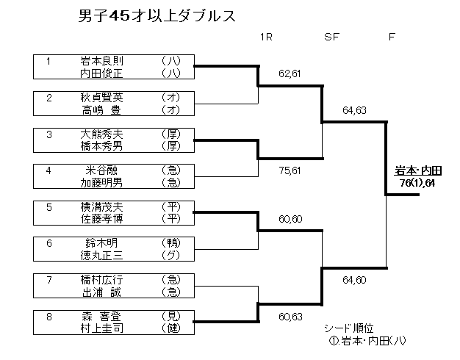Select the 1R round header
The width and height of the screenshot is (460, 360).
pos(266,37)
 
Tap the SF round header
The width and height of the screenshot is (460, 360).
pos(331,37)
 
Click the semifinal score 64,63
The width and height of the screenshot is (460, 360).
pos(354,111)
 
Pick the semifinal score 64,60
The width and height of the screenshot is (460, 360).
pos(354,279)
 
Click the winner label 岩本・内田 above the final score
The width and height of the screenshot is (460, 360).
pos(413,172)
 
